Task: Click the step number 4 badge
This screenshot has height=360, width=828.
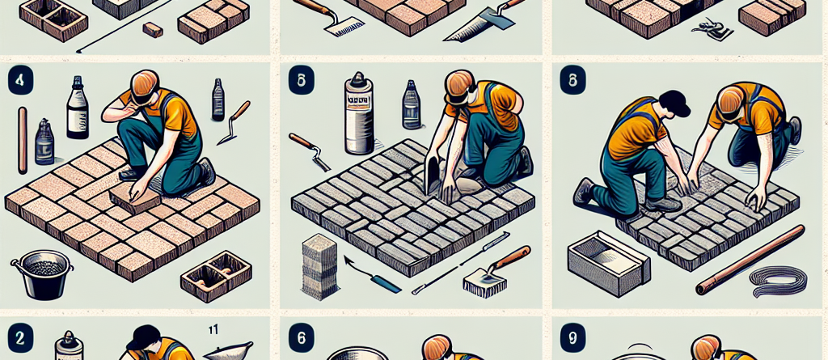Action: point(18,82)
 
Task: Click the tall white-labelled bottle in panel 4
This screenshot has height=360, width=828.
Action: point(78,112)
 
